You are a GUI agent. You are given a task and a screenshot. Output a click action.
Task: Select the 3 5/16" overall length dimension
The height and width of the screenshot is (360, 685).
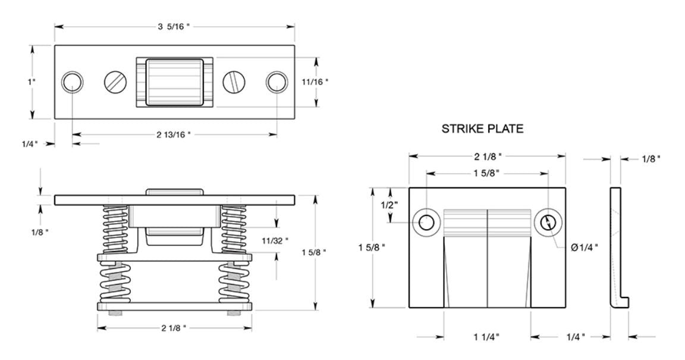tap(174, 26)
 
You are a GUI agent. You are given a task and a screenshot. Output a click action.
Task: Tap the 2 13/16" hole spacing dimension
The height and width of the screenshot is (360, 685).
tap(174, 134)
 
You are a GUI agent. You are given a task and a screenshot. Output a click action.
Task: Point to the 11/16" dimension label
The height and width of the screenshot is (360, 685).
tap(315, 82)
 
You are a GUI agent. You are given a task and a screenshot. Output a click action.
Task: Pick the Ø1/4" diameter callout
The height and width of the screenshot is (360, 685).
tap(585, 247)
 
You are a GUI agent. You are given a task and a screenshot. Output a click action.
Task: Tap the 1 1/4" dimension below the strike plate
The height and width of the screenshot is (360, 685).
tap(486, 337)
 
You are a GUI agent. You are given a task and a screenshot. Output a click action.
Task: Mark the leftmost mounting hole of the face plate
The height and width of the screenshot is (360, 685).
tap(72, 82)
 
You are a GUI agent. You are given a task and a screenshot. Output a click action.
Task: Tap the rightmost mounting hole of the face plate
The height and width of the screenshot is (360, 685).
tap(276, 82)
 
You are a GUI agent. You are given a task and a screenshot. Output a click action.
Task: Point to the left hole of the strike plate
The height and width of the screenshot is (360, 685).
tap(426, 223)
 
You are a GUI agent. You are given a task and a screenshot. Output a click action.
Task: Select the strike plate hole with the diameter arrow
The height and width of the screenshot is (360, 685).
tap(548, 223)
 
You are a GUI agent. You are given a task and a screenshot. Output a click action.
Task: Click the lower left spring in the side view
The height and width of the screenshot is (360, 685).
tap(114, 282)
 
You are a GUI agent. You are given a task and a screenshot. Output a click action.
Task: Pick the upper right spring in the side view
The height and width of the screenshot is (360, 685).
tap(233, 229)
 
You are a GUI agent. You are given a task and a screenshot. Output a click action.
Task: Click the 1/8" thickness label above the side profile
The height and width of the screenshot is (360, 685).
tap(651, 159)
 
